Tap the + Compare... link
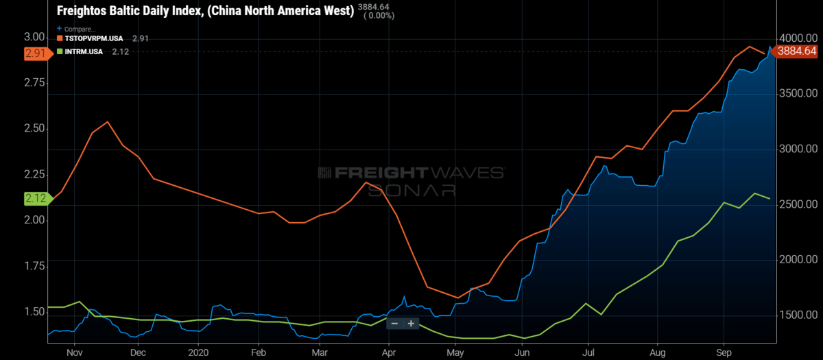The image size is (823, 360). tap(78, 29)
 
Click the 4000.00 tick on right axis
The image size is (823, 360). tap(797, 38)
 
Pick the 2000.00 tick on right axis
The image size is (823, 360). tap(797, 260)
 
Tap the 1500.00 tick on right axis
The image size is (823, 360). tap(797, 315)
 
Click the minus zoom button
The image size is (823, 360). tap(394, 324)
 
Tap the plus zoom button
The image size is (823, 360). tap(411, 324)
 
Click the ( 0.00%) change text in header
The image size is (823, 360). tap(378, 16)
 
